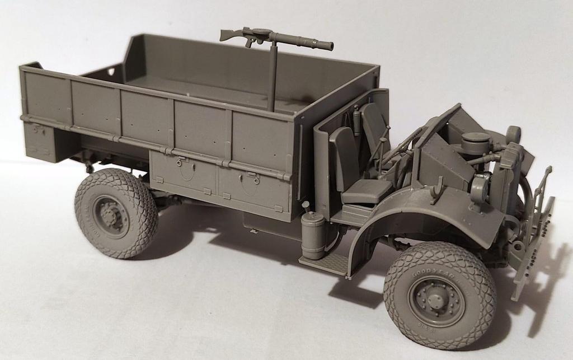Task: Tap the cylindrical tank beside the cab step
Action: tap(311, 235)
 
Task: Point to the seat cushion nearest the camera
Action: tap(367, 191)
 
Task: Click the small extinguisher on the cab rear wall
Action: tap(356, 118)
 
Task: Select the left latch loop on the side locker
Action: tap(180, 163)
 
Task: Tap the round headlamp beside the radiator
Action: tap(513, 134)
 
